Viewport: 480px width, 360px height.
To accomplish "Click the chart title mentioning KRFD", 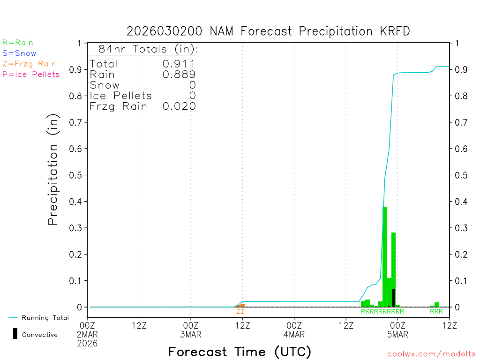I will (x=268, y=31).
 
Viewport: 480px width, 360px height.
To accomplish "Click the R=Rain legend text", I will (x=18, y=43).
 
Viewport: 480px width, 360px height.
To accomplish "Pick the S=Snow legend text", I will (x=19, y=53).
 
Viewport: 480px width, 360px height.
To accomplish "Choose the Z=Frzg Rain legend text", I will (x=29, y=64).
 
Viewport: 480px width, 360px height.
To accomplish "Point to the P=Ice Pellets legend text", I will (x=31, y=74).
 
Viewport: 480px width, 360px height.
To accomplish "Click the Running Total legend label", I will (x=45, y=318).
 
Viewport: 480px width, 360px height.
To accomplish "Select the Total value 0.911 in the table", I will (x=179, y=64).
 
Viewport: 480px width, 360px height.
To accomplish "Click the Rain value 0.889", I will (x=179, y=75).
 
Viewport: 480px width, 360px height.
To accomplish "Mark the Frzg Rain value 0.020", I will (x=179, y=106).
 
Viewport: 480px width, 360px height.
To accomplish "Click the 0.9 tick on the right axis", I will (x=459, y=69).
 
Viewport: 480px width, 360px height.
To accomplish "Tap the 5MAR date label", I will (x=397, y=334).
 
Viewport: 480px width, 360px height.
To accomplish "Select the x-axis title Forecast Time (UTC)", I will (x=240, y=352).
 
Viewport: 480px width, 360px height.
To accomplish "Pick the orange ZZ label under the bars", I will (x=240, y=311).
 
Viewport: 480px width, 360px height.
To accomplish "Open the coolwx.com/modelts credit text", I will (x=431, y=354).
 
